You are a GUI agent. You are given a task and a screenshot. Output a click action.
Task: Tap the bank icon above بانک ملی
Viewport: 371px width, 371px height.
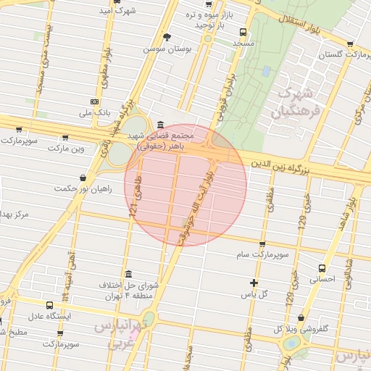tap(94, 102)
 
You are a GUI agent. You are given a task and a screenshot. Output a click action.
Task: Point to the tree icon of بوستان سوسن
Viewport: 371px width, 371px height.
tap(167, 37)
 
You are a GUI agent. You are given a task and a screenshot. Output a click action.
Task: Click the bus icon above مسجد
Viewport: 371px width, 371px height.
tap(242, 32)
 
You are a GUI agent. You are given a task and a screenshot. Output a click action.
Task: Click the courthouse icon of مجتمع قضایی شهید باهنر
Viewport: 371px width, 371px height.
tap(159, 124)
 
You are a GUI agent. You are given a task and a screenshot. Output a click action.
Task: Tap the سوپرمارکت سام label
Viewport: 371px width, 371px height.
tap(262, 255)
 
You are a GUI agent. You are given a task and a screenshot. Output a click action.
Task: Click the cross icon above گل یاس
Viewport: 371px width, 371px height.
tap(254, 283)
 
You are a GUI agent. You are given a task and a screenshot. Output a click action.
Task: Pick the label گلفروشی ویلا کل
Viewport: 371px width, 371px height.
tap(299, 328)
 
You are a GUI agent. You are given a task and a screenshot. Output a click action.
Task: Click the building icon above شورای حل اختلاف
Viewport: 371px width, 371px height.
tap(128, 274)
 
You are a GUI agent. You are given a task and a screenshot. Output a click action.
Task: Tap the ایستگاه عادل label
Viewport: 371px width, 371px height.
tap(50, 317)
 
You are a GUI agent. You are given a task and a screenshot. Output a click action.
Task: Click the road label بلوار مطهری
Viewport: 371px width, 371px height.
tap(106, 65)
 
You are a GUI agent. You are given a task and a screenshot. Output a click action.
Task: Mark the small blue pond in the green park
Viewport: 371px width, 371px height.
tap(267, 72)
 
